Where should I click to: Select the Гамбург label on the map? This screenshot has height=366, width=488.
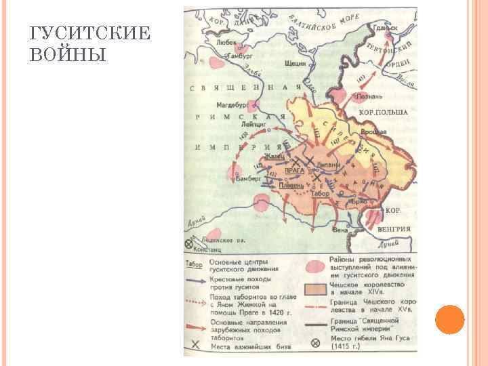(239, 57)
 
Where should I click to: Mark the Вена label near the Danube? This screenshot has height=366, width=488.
(340, 230)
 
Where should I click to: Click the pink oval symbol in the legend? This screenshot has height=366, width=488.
(314, 264)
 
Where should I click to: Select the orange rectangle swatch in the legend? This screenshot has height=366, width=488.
(314, 289)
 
